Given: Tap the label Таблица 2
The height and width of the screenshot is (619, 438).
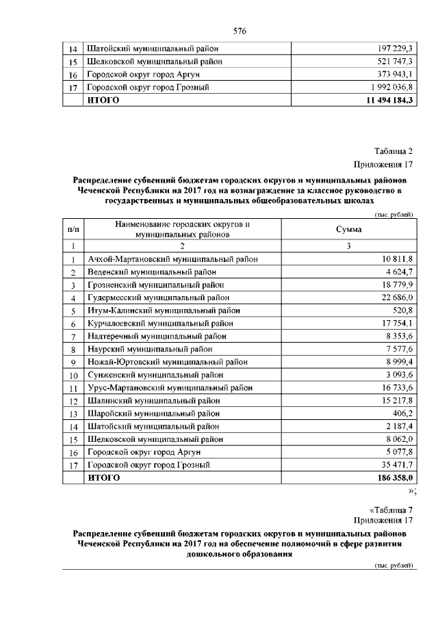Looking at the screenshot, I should (394, 151).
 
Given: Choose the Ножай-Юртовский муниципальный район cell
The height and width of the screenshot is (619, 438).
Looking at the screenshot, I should (167, 362).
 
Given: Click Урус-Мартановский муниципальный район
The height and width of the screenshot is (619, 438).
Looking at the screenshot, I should (170, 387).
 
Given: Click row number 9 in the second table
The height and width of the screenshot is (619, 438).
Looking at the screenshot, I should (73, 362).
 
